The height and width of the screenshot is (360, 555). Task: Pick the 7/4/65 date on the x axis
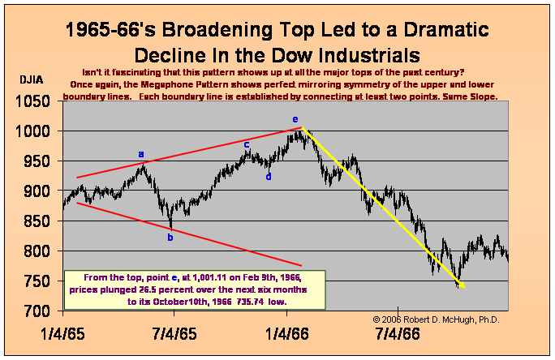[x=174, y=332]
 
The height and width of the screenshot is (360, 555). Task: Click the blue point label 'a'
[x=140, y=153]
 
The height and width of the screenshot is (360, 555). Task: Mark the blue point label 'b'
[x=170, y=237]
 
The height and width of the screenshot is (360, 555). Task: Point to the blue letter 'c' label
[x=247, y=144]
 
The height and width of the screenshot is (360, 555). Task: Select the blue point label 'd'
[x=269, y=176]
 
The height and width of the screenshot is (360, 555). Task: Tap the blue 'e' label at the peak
[x=295, y=119]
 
